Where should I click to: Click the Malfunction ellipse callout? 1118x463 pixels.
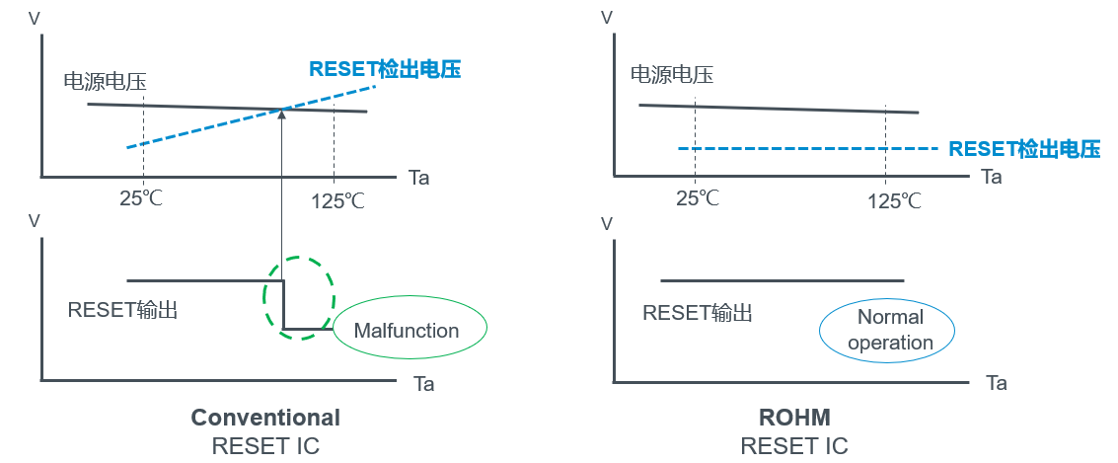pyautogui.click(x=410, y=330)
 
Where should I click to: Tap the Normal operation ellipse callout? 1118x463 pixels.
pyautogui.click(x=888, y=330)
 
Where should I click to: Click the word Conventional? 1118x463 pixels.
pyautogui.click(x=265, y=417)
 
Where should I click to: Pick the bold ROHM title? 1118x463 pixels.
pyautogui.click(x=793, y=417)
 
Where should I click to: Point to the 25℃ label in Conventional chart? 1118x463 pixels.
pyautogui.click(x=141, y=198)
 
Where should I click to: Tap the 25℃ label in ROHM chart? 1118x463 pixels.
pyautogui.click(x=697, y=198)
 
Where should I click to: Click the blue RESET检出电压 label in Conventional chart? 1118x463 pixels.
pyautogui.click(x=386, y=70)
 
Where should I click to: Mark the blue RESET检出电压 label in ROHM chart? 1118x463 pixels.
pyautogui.click(x=1024, y=149)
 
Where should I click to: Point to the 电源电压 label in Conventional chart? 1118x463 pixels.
pyautogui.click(x=106, y=82)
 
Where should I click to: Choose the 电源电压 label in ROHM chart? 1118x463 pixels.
pyautogui.click(x=672, y=74)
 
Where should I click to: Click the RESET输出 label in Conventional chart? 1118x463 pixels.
pyautogui.click(x=123, y=309)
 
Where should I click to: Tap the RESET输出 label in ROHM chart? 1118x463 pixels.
pyautogui.click(x=698, y=313)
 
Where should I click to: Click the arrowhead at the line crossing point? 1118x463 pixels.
pyautogui.click(x=283, y=114)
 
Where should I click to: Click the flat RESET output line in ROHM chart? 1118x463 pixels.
pyautogui.click(x=782, y=280)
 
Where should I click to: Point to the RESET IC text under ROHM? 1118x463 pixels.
pyautogui.click(x=793, y=445)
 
